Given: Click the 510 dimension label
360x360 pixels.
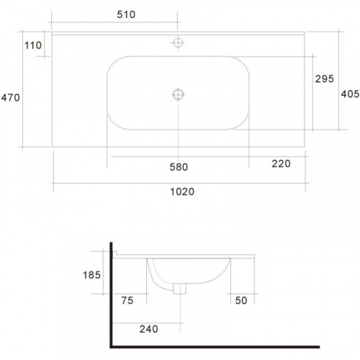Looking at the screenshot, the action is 126,14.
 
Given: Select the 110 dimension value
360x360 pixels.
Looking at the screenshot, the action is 33,45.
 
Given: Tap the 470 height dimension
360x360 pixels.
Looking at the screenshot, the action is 10,98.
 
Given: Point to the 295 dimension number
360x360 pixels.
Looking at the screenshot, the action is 325,78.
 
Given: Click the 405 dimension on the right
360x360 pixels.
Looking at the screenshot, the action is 350,94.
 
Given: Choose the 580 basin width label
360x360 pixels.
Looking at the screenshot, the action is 179,167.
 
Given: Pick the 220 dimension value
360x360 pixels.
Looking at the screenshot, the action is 281,163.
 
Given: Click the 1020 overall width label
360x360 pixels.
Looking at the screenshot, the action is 182,192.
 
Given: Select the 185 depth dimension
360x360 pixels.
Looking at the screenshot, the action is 91,275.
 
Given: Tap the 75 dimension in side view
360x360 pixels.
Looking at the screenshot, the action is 127,300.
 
